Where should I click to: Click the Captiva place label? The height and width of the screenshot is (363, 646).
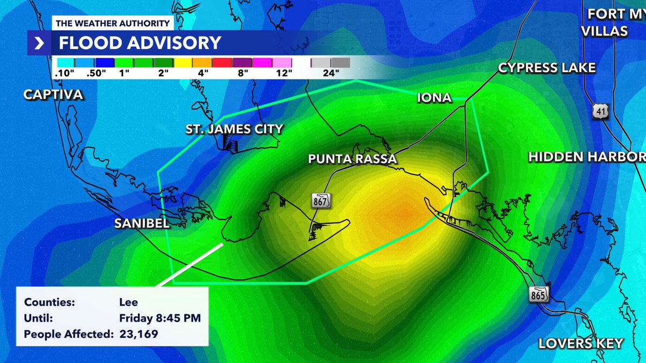53,95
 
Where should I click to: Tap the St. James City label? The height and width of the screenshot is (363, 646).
234,129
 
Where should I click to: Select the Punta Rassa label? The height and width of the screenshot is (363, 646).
352,159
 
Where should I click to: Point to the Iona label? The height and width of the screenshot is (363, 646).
434,98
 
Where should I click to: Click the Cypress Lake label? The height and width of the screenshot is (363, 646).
546,68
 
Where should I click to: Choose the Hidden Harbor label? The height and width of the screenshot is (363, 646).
587,157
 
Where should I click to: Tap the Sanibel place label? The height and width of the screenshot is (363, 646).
142,224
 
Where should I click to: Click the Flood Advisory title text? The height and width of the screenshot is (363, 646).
139,42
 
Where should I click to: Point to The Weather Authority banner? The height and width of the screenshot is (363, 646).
113,23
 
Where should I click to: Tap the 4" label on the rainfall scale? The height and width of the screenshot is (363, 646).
203,73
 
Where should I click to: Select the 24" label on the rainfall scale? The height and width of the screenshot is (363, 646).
329,73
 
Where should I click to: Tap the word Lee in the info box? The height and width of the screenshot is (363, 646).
128,302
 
